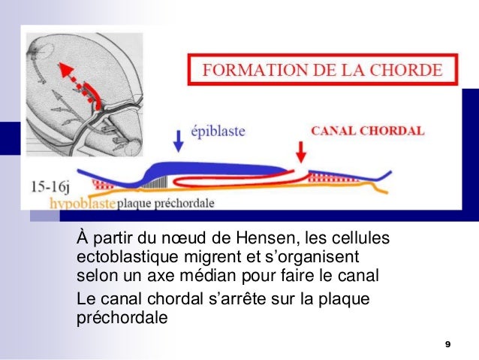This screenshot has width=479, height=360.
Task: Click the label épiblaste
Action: point(217,131)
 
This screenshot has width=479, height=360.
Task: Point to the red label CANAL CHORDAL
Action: point(367,130)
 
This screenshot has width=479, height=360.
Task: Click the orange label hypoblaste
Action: point(81,204)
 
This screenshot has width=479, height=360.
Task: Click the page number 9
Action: point(447,343)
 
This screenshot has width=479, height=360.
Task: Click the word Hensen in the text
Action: point(266,240)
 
